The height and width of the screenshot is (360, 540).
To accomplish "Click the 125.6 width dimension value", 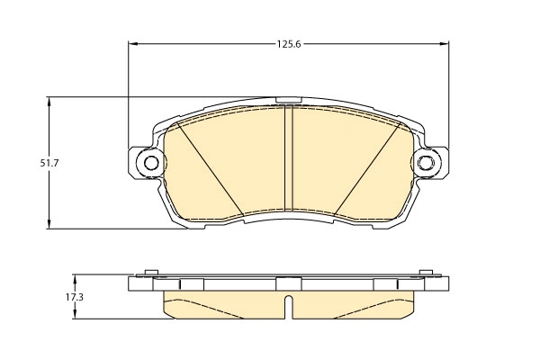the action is click(289, 44).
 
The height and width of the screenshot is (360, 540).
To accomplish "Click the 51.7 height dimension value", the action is click(49, 163).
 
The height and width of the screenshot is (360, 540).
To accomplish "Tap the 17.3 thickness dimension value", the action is click(75, 297).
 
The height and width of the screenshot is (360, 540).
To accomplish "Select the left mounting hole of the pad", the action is click(151, 163).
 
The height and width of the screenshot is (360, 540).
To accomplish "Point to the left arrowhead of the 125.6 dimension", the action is click(133, 44).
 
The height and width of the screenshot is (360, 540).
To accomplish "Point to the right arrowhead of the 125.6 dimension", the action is click(445, 44).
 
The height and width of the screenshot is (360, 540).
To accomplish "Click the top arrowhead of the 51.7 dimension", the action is click(49, 102).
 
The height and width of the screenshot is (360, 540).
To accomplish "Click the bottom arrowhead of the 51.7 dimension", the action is click(49, 223).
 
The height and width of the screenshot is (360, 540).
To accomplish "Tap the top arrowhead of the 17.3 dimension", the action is click(75, 278).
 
